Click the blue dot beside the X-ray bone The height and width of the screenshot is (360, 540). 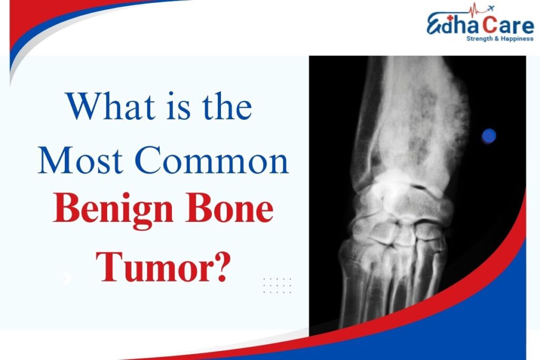point(489,136)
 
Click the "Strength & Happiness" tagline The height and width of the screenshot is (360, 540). point(498,38)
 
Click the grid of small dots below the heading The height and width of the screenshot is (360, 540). point(277,285)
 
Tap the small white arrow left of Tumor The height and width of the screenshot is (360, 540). point(67,278)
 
